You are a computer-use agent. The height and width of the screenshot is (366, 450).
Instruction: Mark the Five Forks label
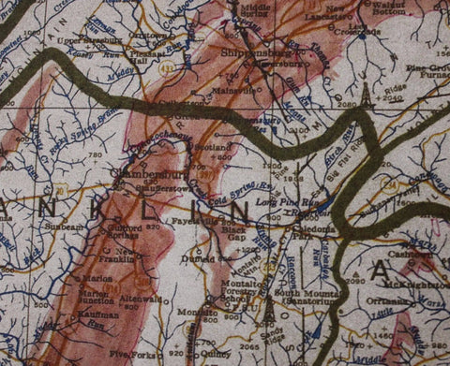(x=129, y=355)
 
